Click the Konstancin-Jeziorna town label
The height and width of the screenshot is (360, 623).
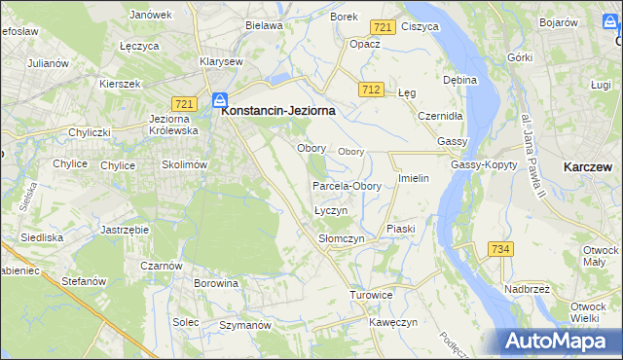click(x=278, y=111)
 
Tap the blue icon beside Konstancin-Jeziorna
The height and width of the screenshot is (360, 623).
click(x=221, y=100)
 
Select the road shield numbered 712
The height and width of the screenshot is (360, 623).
click(x=369, y=90)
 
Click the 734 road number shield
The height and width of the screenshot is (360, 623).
click(x=500, y=249)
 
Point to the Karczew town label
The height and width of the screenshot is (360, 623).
click(x=588, y=167)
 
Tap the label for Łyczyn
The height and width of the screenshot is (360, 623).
click(x=332, y=210)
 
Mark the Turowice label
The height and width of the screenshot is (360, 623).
click(x=372, y=294)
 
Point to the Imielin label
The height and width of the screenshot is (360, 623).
click(x=414, y=179)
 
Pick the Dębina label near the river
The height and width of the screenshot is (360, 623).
click(x=459, y=80)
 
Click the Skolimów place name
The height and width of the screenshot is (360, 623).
click(x=185, y=164)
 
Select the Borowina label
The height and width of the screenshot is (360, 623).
click(x=216, y=284)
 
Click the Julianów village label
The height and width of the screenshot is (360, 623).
click(x=49, y=63)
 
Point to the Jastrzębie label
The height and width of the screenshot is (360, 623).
click(x=124, y=230)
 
